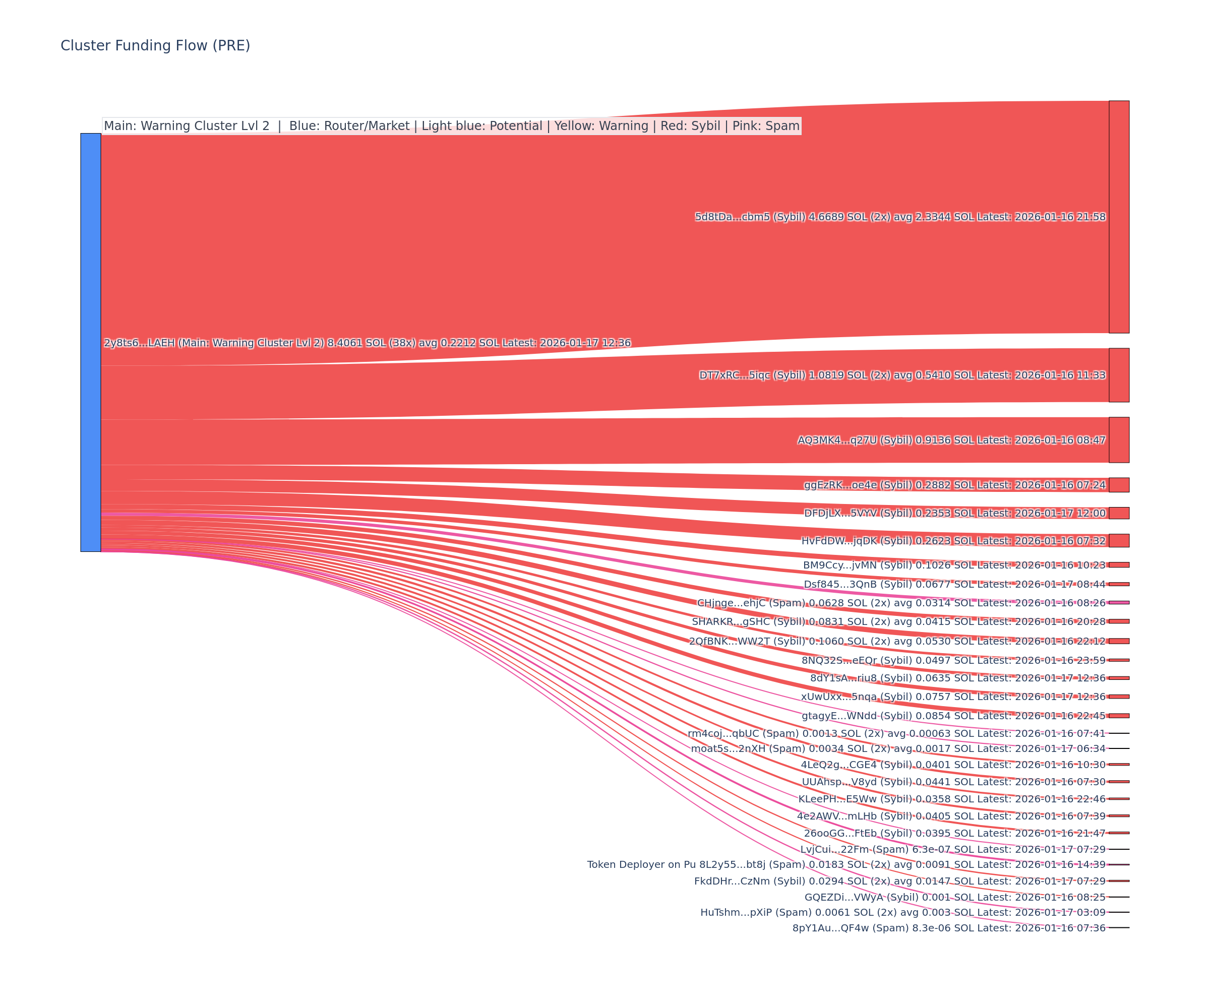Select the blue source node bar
tap(90, 342)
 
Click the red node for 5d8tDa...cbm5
tap(1118, 217)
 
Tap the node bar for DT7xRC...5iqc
tap(1118, 375)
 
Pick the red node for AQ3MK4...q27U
tap(1118, 439)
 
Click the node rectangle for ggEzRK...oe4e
tap(1118, 484)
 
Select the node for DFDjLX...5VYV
tap(1118, 513)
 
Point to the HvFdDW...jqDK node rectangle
tap(1118, 540)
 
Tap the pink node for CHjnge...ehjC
tap(1118, 602)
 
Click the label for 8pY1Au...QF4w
tap(948, 928)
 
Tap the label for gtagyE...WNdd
tap(953, 715)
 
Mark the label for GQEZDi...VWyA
tap(955, 897)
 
